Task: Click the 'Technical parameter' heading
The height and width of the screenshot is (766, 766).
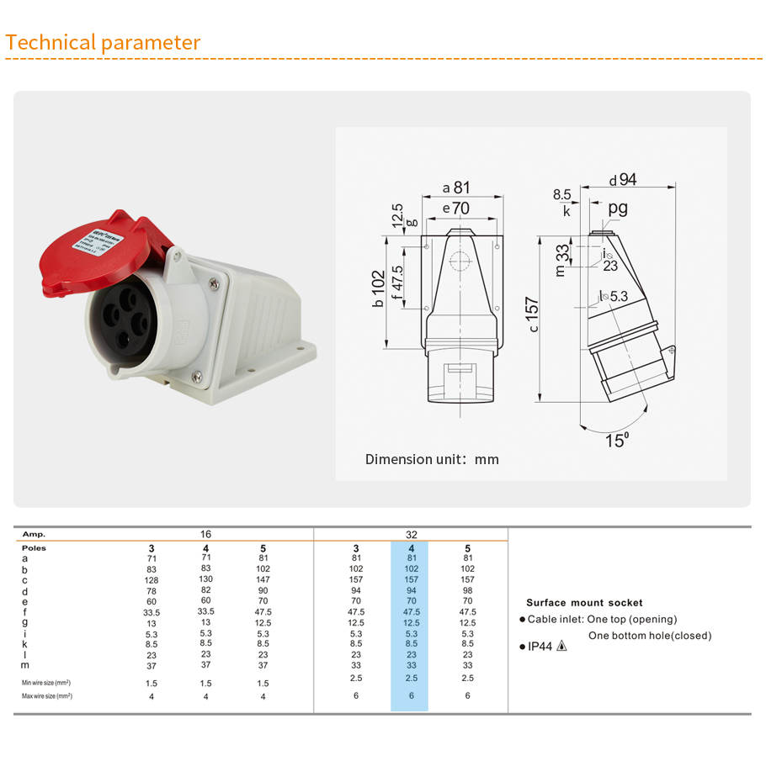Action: click(x=103, y=43)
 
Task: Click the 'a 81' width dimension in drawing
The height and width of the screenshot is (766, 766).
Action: click(x=456, y=188)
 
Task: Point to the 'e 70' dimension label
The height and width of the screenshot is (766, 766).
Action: click(x=456, y=208)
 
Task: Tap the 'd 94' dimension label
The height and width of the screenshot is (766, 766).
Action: click(x=623, y=179)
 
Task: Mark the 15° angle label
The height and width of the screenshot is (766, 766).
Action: click(x=617, y=441)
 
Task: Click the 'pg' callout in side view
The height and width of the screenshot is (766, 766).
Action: click(x=618, y=208)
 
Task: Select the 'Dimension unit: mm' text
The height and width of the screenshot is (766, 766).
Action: click(x=432, y=459)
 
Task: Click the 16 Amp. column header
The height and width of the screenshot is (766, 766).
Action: click(x=205, y=534)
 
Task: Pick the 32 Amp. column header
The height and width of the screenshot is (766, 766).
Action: click(x=411, y=534)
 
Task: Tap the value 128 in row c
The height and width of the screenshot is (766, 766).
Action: click(x=151, y=580)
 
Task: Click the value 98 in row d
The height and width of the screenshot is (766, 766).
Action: click(x=467, y=590)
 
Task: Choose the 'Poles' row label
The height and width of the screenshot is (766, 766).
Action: click(x=34, y=547)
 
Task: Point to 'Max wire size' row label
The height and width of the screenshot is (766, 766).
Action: click(x=46, y=696)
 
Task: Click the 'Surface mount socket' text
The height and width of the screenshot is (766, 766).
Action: click(x=584, y=603)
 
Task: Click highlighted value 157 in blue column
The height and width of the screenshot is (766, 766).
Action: click(x=411, y=580)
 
